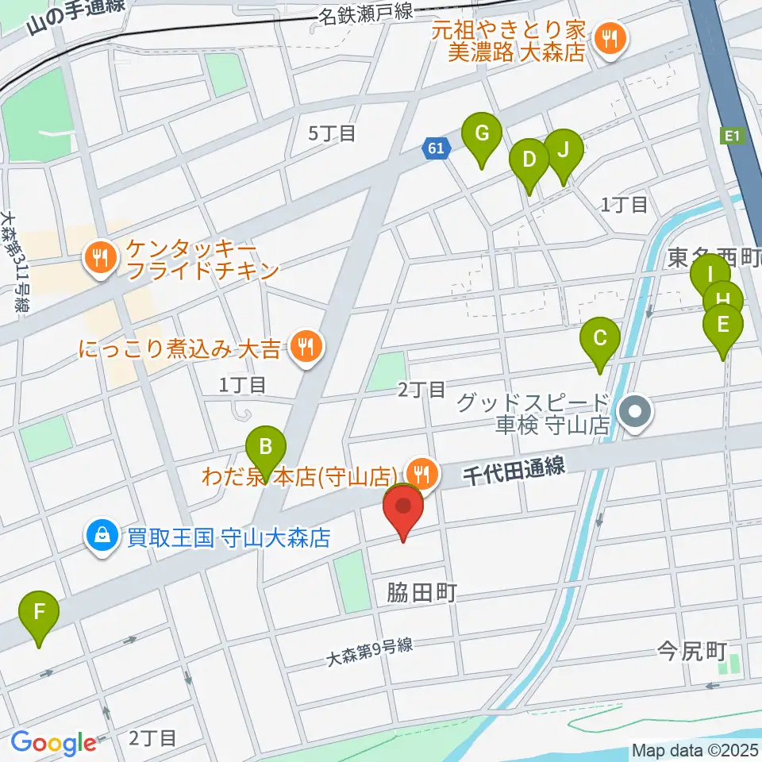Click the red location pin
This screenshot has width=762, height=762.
(404, 508)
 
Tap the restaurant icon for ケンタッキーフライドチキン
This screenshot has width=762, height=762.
(101, 256)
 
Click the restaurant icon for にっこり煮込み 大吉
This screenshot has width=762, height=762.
(303, 346)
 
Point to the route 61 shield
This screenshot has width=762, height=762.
(435, 148)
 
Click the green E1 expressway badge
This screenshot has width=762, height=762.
(732, 137)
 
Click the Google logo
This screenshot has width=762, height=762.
(53, 743)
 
